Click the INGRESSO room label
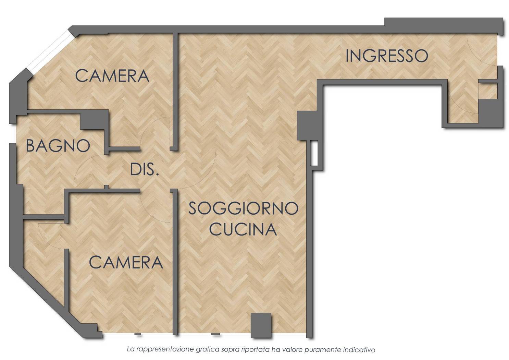(x=386, y=56)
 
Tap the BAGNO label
(x=58, y=146)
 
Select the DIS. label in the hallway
(x=144, y=169)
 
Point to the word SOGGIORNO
(x=243, y=208)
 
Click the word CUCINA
(x=243, y=229)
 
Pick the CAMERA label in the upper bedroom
(x=112, y=76)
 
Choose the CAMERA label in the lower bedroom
(x=126, y=262)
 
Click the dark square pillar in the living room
(x=261, y=325)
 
